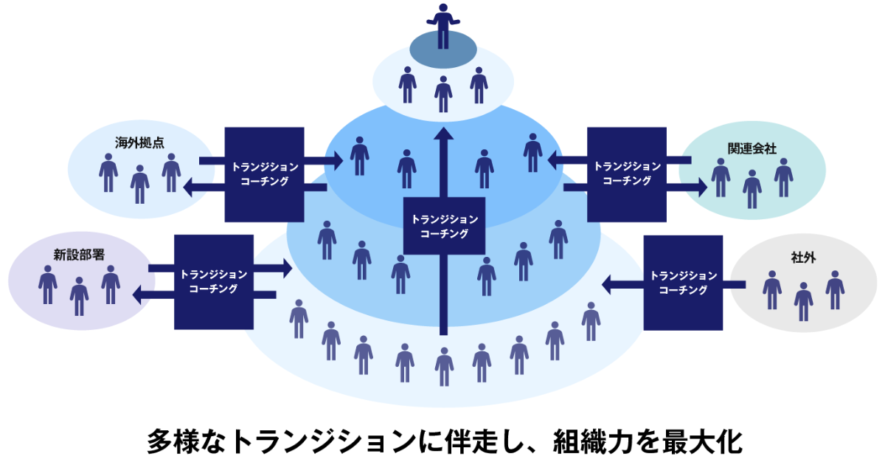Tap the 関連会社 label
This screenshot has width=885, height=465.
pyautogui.click(x=752, y=148)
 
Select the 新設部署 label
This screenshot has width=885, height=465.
pyautogui.click(x=74, y=255)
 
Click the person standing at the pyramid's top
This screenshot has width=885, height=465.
pyautogui.click(x=442, y=26)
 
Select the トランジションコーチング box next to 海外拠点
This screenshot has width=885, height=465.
pyautogui.click(x=265, y=174)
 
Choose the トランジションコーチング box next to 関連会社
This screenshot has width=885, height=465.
pyautogui.click(x=627, y=174)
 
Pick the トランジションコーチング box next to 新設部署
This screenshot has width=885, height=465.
pyautogui.click(x=214, y=281)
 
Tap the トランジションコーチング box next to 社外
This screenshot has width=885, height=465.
pyautogui.click(x=683, y=282)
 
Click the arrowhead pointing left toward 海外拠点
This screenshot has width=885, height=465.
pyautogui.click(x=187, y=187)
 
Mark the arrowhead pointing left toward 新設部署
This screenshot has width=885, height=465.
pyautogui.click(x=137, y=295)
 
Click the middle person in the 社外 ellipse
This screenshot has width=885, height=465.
pyautogui.click(x=803, y=300)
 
